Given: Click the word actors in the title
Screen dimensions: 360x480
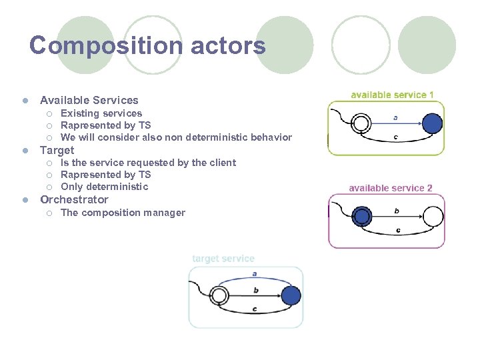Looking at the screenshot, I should click(x=228, y=46).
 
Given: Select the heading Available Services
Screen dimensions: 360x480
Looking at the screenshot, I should click(x=89, y=100).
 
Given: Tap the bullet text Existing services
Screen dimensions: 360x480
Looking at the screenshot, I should click(x=101, y=113).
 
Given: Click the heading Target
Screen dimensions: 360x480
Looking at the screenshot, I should click(x=57, y=150).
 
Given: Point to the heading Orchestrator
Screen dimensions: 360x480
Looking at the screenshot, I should click(x=74, y=199).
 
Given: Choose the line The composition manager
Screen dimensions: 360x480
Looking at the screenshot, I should click(x=123, y=213).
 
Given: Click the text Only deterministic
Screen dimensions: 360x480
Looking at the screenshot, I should click(x=104, y=187).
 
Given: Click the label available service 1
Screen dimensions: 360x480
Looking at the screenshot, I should click(x=392, y=95).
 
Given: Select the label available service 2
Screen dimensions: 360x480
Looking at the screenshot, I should click(x=390, y=188).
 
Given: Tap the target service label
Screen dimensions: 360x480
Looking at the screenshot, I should click(x=223, y=259).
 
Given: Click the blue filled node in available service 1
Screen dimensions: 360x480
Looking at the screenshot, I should click(x=432, y=123).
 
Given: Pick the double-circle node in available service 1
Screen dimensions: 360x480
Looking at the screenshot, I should click(x=361, y=123).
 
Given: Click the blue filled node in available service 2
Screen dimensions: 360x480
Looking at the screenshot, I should click(x=362, y=216).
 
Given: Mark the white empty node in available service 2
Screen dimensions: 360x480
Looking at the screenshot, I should click(x=433, y=216).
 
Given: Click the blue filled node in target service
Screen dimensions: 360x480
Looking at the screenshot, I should click(x=291, y=295).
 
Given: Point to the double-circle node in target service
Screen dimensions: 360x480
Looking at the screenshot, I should click(x=219, y=295).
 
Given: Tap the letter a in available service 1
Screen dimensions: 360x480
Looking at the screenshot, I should click(x=396, y=117).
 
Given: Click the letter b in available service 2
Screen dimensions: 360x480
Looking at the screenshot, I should click(x=397, y=211).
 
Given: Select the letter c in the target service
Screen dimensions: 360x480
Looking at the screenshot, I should click(x=255, y=309).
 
